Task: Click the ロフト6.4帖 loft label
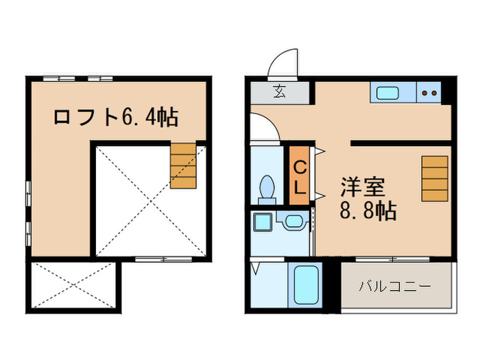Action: [x=116, y=117]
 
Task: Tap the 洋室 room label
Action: [x=363, y=187]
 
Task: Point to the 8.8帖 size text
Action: [x=368, y=212]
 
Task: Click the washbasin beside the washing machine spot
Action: [x=294, y=221]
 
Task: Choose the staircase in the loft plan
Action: [x=183, y=165]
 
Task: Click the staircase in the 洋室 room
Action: [x=434, y=178]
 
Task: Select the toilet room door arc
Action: [x=263, y=128]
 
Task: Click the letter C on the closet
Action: [x=300, y=167]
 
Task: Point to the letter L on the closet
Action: [x=300, y=186]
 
